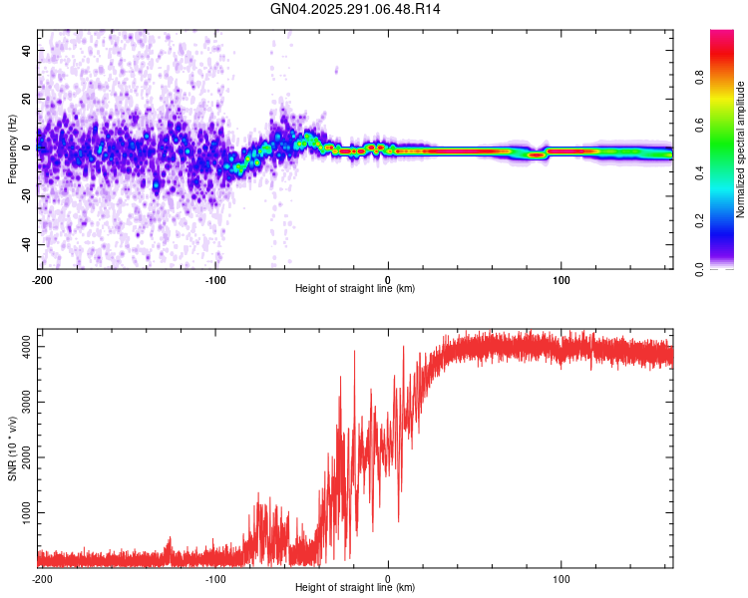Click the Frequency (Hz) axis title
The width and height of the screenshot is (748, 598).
[12, 150]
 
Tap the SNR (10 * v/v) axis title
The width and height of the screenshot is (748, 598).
[12, 448]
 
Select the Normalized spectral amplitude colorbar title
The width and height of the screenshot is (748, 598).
[740, 150]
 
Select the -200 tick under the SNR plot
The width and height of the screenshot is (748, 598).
[42, 579]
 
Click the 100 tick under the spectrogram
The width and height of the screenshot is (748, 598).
[561, 280]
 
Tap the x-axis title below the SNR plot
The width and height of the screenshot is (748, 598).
[355, 588]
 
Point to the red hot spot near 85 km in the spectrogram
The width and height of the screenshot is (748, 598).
[537, 154]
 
